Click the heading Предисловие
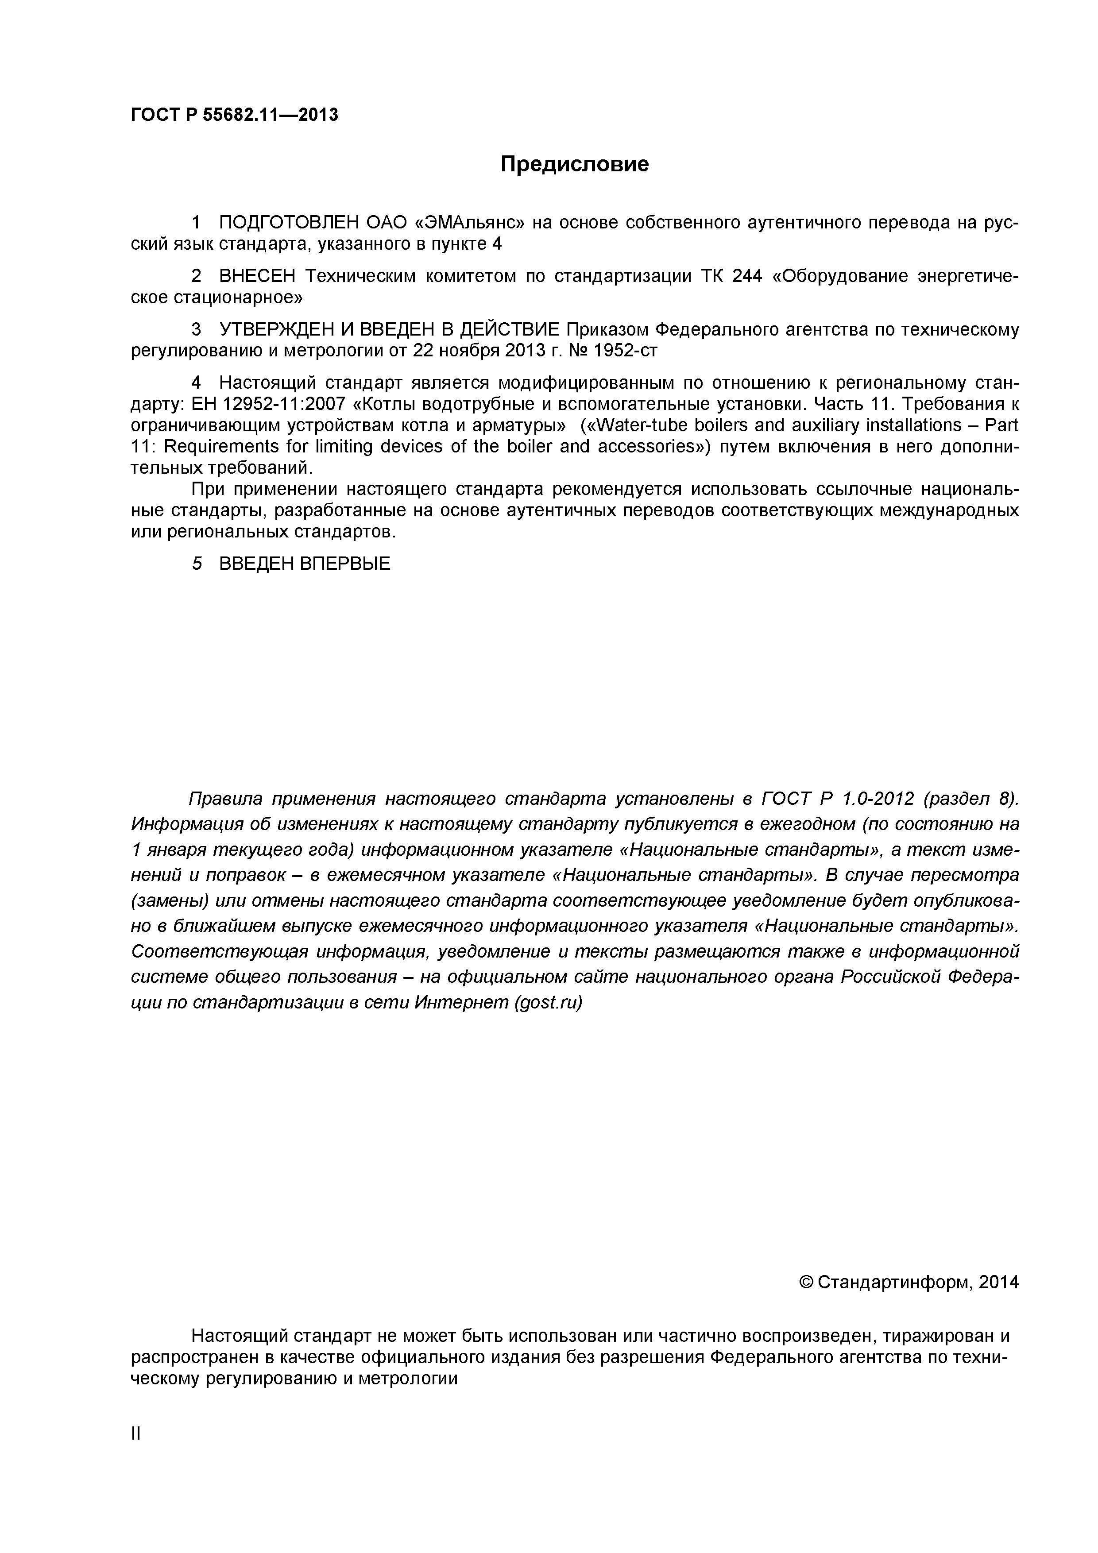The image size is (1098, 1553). [x=574, y=164]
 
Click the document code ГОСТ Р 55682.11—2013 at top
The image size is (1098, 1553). [x=234, y=116]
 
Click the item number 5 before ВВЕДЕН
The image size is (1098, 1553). [x=197, y=564]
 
